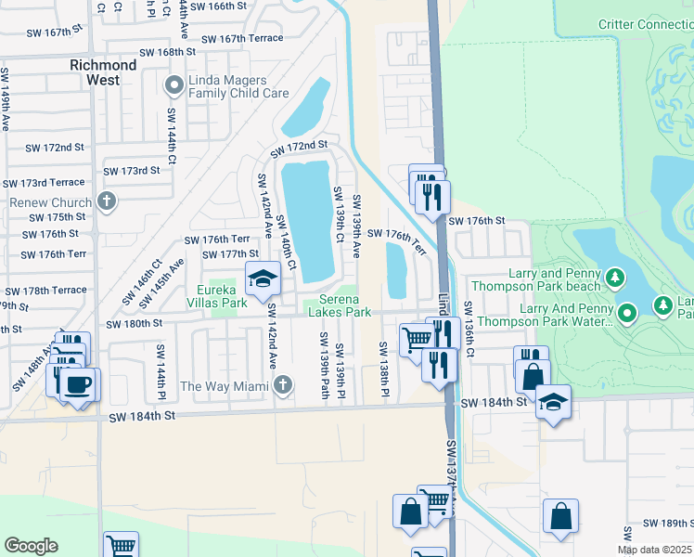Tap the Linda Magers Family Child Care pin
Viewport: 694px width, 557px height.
tap(173, 86)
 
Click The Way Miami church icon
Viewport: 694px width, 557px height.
tap(285, 384)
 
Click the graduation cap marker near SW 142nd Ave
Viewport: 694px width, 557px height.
tap(263, 278)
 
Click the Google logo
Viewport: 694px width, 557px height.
tap(31, 546)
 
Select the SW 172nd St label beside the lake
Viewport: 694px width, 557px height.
tap(299, 149)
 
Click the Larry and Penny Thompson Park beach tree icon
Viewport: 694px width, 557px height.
tap(614, 278)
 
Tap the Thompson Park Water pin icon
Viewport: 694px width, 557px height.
tap(627, 314)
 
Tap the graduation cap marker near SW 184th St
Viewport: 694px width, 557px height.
tap(553, 401)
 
